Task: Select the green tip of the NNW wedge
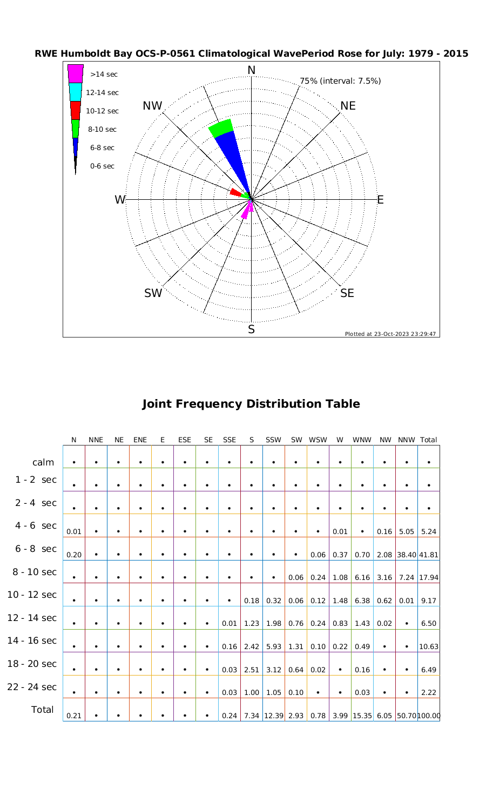pyautogui.click(x=221, y=128)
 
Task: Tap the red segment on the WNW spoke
pyautogui.click(x=235, y=192)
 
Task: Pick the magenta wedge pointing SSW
pyautogui.click(x=246, y=212)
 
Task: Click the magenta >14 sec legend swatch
pyautogui.click(x=76, y=74)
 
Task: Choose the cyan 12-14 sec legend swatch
pyautogui.click(x=76, y=92)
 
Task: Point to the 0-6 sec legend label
pyautogui.click(x=102, y=166)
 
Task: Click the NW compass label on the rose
pyautogui.click(x=153, y=106)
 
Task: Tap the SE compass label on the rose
pyautogui.click(x=347, y=293)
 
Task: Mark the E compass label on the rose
pyautogui.click(x=380, y=200)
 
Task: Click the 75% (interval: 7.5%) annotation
pyautogui.click(x=340, y=81)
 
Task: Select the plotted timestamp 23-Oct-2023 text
pyautogui.click(x=390, y=334)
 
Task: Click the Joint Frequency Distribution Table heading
pyautogui.click(x=251, y=404)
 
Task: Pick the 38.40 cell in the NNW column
pyautogui.click(x=406, y=555)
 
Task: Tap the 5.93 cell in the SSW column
pyautogui.click(x=274, y=646)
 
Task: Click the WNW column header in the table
pyautogui.click(x=361, y=440)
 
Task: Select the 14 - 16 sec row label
pyautogui.click(x=32, y=640)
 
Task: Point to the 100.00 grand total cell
pyautogui.click(x=429, y=715)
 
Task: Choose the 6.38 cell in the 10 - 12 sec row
pyautogui.click(x=362, y=600)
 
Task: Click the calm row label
pyautogui.click(x=43, y=462)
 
